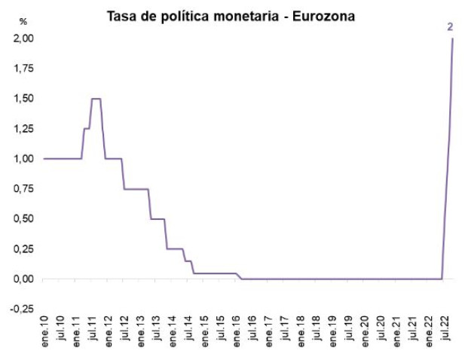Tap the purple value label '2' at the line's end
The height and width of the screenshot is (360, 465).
(x=450, y=27)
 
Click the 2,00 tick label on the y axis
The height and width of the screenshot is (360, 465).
(x=24, y=38)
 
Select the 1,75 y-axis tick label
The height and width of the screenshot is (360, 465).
(x=24, y=69)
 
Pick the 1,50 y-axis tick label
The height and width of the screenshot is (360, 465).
(x=24, y=99)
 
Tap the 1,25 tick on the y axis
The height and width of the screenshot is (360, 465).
(x=24, y=129)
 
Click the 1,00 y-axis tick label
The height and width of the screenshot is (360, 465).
(x=24, y=159)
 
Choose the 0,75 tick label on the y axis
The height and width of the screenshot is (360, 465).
(x=24, y=189)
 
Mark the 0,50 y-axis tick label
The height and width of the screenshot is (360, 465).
(x=24, y=219)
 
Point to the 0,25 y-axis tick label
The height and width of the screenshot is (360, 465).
(x=24, y=249)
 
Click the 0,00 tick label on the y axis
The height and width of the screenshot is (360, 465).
(x=24, y=279)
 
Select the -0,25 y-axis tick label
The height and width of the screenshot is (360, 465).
(x=23, y=310)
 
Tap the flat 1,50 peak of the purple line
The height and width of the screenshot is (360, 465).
(x=96, y=99)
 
